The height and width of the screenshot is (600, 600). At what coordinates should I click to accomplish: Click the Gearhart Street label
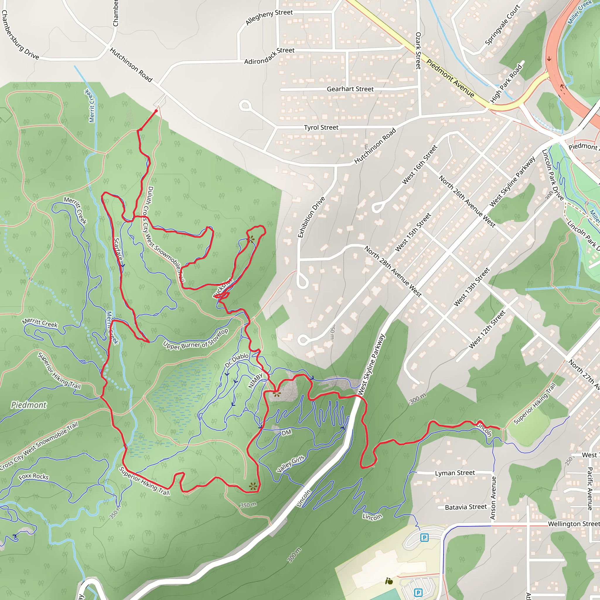[x=350, y=89]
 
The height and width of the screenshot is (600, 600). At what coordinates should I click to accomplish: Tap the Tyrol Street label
[x=321, y=127]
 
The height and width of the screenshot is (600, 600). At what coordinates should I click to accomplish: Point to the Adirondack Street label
[x=269, y=56]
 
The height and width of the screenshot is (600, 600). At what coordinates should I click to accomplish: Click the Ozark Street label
[x=418, y=50]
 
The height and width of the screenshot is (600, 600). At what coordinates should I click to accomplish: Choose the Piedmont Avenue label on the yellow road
[x=450, y=78]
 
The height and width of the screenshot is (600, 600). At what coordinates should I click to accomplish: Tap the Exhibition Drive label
[x=311, y=217]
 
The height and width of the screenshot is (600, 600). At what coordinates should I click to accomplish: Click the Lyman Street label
[x=455, y=473]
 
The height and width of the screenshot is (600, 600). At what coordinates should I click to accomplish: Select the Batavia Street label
[x=466, y=507]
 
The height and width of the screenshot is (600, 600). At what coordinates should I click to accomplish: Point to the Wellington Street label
[x=573, y=524]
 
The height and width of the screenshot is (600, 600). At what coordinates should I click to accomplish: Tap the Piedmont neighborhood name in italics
[x=29, y=405]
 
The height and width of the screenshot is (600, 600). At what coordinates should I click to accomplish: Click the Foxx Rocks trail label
[x=33, y=476]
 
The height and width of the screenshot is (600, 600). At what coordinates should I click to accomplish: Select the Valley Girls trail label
[x=290, y=464]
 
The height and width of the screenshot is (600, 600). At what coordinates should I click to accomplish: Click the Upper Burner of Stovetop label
[x=196, y=340]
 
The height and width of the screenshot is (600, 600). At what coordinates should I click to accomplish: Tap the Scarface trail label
[x=118, y=249]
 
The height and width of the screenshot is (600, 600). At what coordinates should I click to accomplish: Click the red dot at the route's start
[x=156, y=111]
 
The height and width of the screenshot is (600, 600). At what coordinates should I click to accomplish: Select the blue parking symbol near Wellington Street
[x=424, y=537]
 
